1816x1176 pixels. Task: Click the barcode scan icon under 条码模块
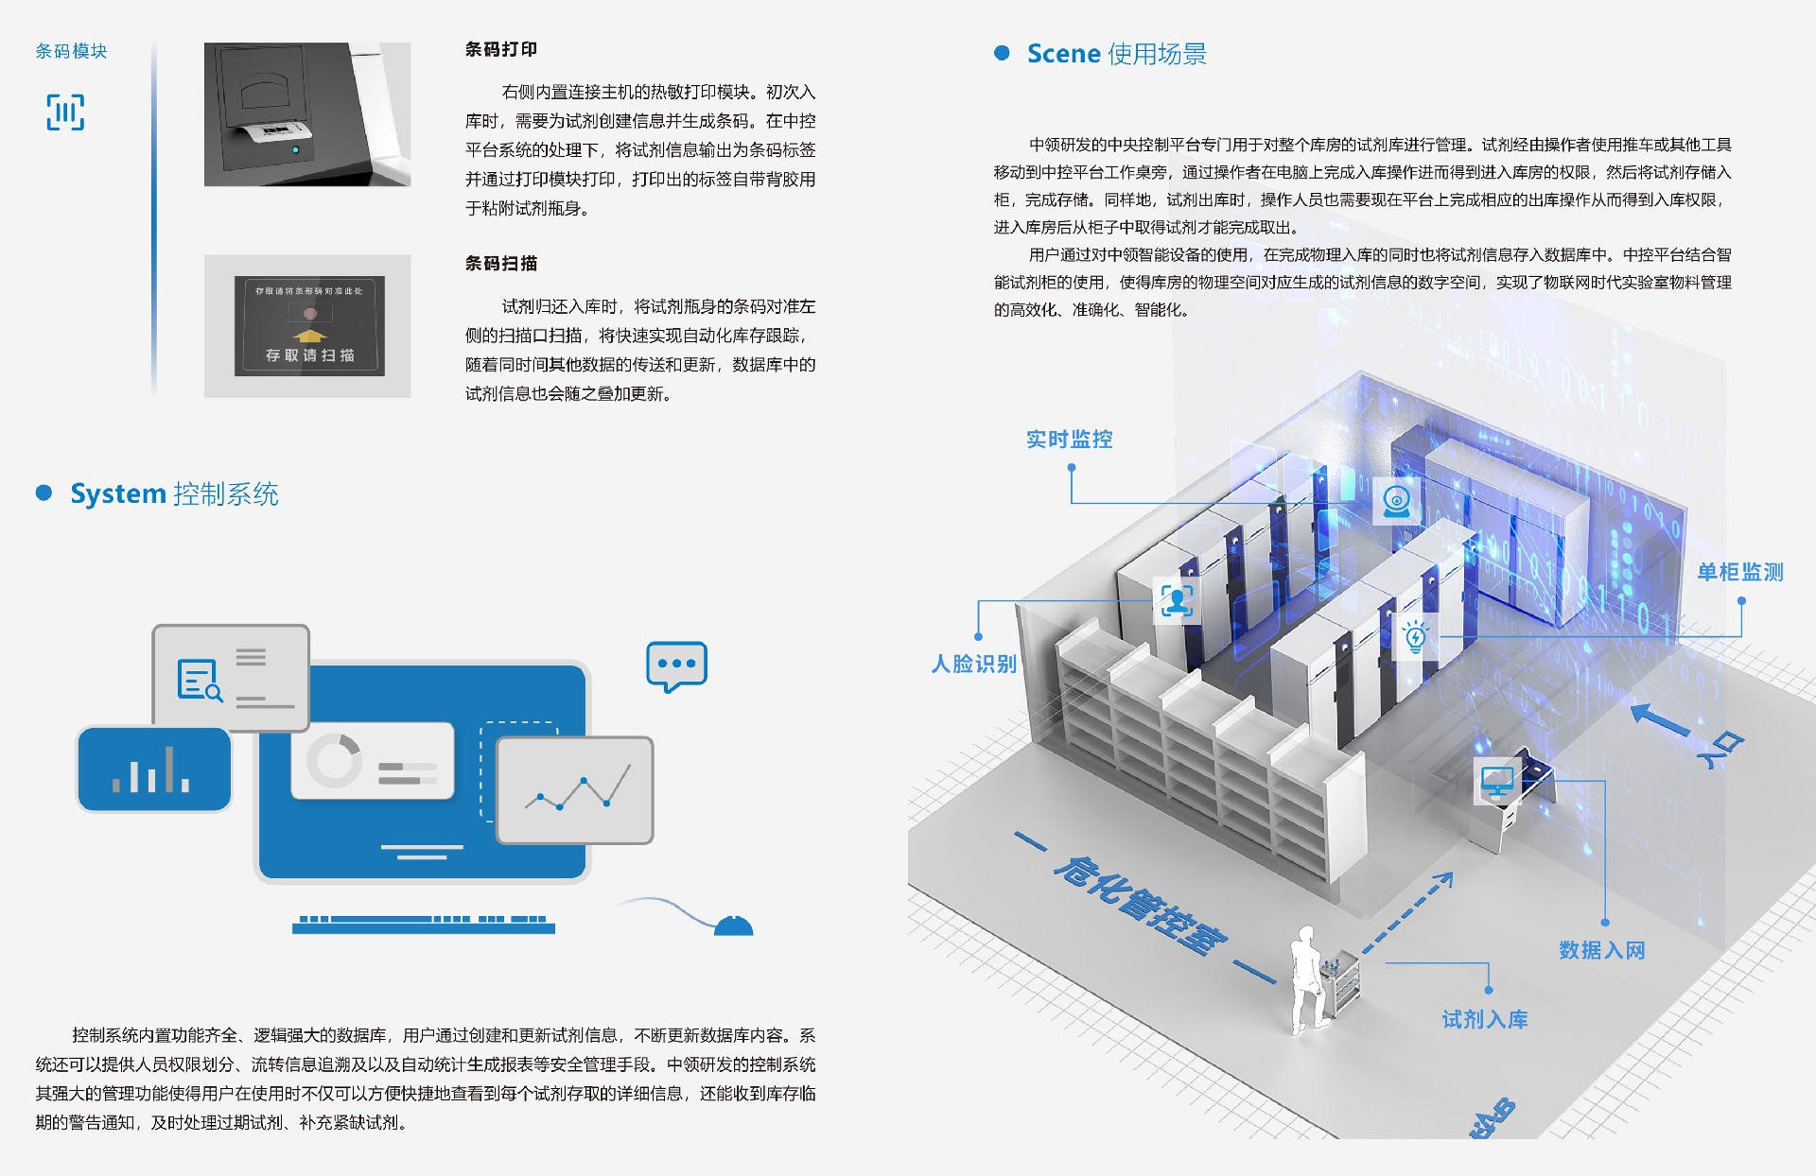tap(65, 112)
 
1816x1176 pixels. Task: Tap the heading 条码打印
tap(500, 49)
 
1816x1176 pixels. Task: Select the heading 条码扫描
tap(500, 264)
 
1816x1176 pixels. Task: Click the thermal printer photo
tap(307, 114)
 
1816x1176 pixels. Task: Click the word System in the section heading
tap(118, 493)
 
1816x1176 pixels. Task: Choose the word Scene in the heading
tap(1063, 54)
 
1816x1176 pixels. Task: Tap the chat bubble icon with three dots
tap(676, 666)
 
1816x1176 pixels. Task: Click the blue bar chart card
tap(154, 770)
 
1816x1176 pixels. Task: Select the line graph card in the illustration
tap(575, 790)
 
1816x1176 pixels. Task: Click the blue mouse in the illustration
tap(733, 925)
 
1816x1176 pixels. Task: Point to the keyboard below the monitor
tap(423, 924)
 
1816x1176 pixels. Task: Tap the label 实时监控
tap(1069, 440)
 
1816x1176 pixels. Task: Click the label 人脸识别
tap(973, 664)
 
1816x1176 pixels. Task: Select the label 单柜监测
tap(1739, 572)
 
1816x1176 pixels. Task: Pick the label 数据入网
tap(1601, 950)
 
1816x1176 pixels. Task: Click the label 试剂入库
tap(1484, 1019)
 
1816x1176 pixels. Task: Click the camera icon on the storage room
tap(1396, 501)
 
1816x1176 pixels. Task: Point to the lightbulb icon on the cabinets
tap(1415, 636)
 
